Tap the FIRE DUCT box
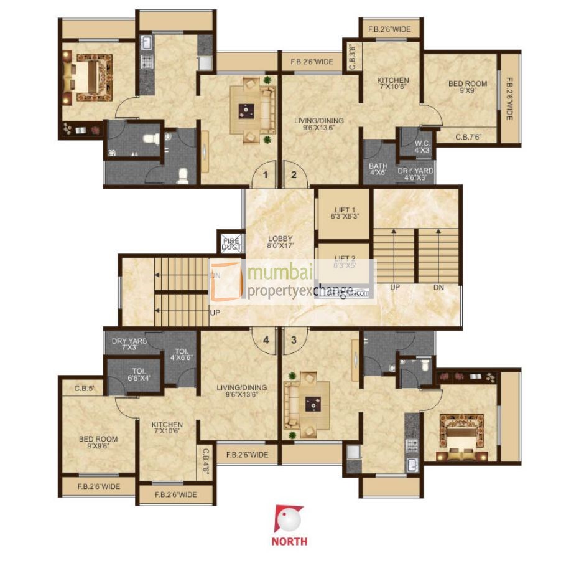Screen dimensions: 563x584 pos(231,244)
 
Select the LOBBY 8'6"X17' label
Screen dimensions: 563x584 pos(280,242)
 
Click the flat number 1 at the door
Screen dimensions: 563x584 pos(265,175)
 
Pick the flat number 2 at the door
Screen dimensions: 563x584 pos(294,175)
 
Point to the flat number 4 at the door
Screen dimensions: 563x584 pos(266,340)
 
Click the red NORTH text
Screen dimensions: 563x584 pos(289,541)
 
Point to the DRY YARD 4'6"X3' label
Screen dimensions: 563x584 pos(415,174)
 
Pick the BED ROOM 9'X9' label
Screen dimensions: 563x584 pos(468,87)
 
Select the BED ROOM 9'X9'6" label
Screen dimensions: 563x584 pos(98,442)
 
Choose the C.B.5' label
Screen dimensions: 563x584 pos(84,389)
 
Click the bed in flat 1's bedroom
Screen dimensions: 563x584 pos(89,75)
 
